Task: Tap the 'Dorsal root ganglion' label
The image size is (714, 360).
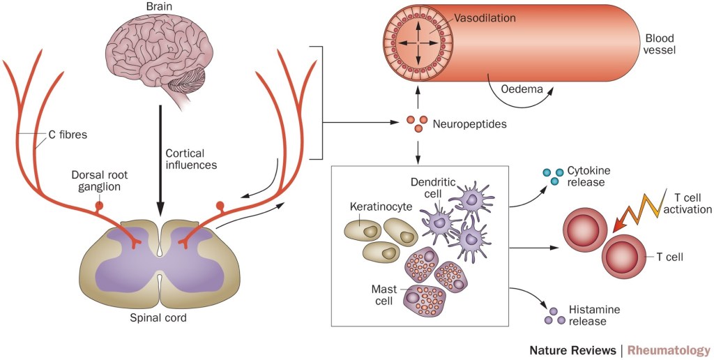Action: [98, 181]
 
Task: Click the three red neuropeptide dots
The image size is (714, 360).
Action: [416, 124]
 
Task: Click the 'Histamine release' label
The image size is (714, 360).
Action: [593, 315]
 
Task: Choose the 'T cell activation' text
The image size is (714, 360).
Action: [687, 202]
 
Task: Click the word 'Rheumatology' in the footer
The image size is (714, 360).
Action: [669, 350]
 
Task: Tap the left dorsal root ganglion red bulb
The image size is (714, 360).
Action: [99, 207]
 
